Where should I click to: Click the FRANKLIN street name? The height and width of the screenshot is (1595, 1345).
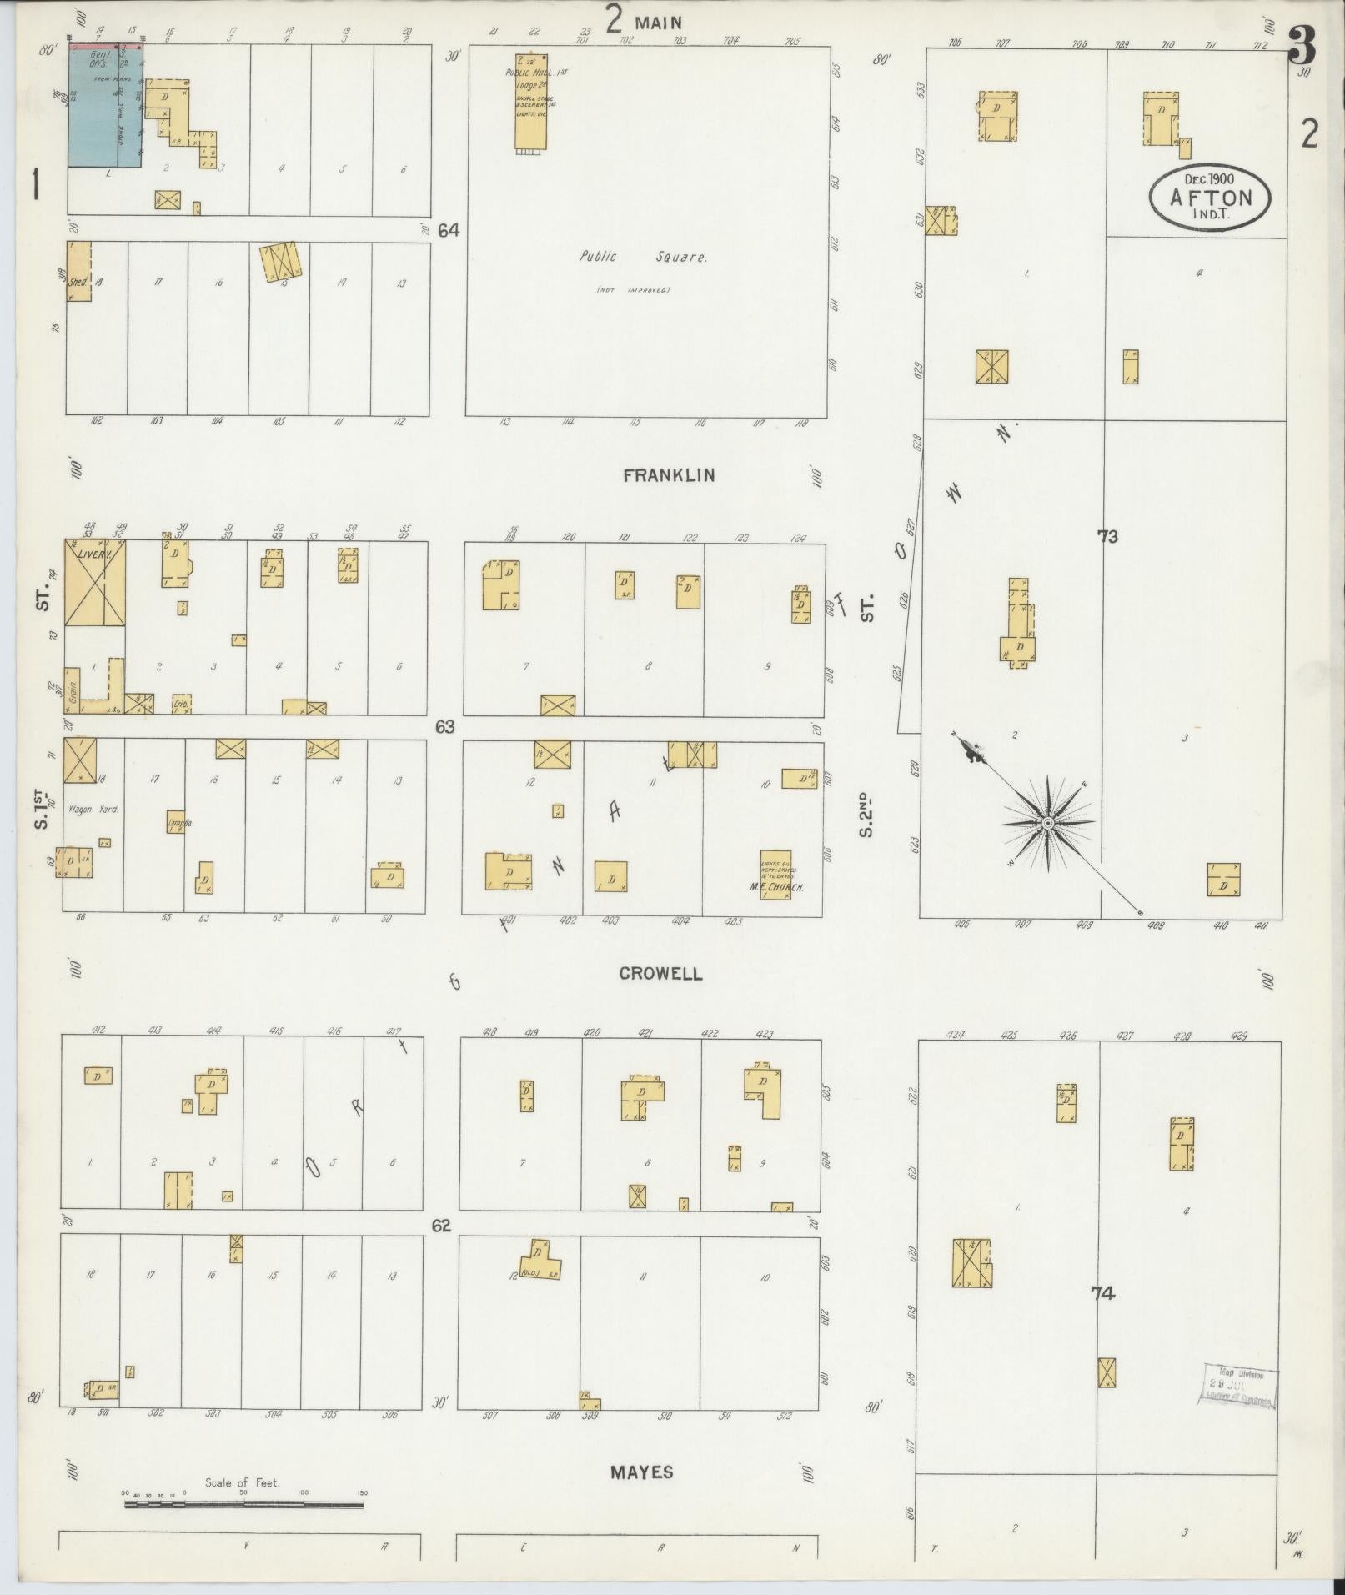click(x=669, y=475)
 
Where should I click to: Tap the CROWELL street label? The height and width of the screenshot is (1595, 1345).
click(x=660, y=973)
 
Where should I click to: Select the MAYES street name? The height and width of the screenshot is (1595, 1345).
click(x=641, y=1472)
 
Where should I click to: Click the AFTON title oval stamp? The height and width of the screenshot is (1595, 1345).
click(x=1211, y=198)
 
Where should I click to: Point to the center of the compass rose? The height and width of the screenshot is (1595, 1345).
click(x=1047, y=824)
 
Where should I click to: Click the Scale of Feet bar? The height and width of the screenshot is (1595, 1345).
click(x=244, y=1504)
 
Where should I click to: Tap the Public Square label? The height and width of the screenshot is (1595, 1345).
click(x=644, y=258)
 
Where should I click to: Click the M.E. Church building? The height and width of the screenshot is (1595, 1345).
click(x=775, y=873)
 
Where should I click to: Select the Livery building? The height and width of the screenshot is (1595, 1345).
click(x=95, y=595)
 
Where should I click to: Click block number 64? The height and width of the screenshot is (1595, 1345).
click(x=449, y=230)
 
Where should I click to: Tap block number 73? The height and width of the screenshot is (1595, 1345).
click(x=1107, y=537)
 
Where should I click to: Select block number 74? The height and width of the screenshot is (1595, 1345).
click(x=1102, y=1294)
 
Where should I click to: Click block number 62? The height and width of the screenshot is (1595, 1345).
click(x=441, y=1226)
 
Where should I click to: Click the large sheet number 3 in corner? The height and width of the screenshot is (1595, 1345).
click(x=1302, y=48)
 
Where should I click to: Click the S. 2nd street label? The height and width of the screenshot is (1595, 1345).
click(x=868, y=814)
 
